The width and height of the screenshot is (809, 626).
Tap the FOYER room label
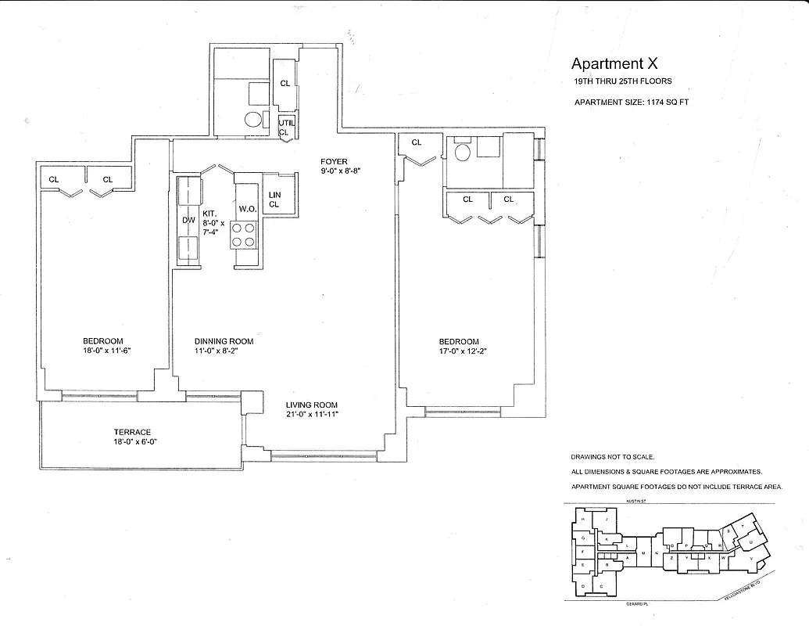pyautogui.click(x=334, y=162)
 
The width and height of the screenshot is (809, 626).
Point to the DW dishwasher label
pyautogui.click(x=188, y=221)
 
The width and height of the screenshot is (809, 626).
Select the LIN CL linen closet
pyautogui.click(x=274, y=200)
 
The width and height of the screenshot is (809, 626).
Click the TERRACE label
pyautogui.click(x=131, y=432)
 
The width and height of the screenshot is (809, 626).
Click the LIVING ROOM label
pyautogui.click(x=311, y=405)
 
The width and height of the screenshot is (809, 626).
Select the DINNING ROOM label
pyautogui.click(x=224, y=341)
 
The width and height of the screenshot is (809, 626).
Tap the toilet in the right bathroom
pyautogui.click(x=462, y=152)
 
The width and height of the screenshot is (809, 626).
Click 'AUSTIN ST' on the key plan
pyautogui.click(x=627, y=502)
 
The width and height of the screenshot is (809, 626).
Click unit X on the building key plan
pyautogui.click(x=709, y=558)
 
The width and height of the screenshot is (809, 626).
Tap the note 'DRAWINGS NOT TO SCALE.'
pyautogui.click(x=612, y=457)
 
